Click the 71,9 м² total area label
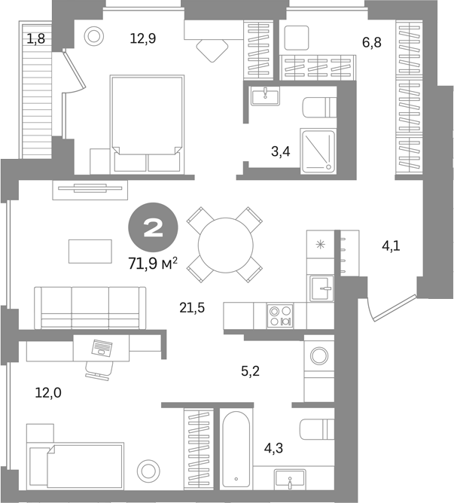tap(153, 264)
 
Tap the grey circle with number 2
tap(153, 227)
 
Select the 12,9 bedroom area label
tap(143, 38)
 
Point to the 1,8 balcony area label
tap(35, 39)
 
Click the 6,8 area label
tap(372, 42)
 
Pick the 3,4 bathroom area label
tap(281, 151)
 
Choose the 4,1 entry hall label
tap(391, 246)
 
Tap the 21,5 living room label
tap(192, 308)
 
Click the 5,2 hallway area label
tap(250, 371)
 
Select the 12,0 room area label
tap(48, 392)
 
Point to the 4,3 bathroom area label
tap(273, 448)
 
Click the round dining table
tap(226, 245)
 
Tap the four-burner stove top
tap(280, 316)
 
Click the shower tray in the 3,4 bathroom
tap(318, 151)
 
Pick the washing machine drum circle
tap(319, 356)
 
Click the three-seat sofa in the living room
tap(90, 308)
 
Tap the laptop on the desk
tap(102, 348)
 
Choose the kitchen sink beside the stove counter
tap(321, 288)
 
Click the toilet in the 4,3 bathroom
tap(317, 429)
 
